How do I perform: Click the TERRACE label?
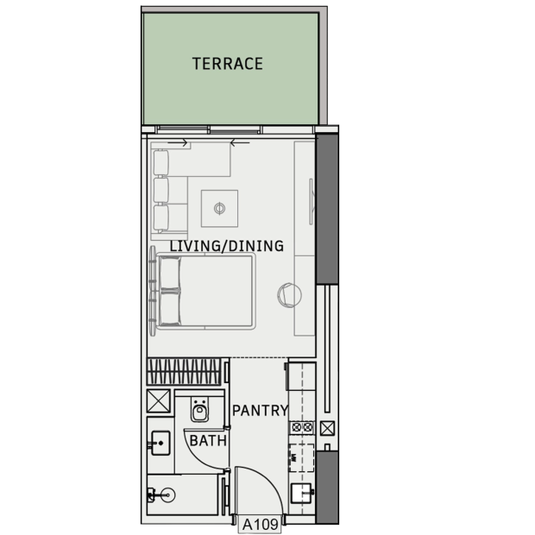point(228,64)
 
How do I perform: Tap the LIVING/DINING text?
point(227,246)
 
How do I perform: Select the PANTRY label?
point(261,411)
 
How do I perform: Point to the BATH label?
point(208,440)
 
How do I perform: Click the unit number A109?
point(260,525)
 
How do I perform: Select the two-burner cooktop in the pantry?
point(302,427)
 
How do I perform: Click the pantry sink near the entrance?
point(301,493)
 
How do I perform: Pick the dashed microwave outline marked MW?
point(302,458)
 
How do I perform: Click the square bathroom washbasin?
point(160,443)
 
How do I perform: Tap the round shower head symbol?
point(167,494)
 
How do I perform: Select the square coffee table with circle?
point(219,209)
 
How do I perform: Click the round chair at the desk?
point(289,295)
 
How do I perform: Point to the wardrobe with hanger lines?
point(184,372)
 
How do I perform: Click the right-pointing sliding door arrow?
point(178,143)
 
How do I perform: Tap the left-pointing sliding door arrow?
point(240,143)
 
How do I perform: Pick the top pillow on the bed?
point(170,274)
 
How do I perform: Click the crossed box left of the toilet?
point(159,401)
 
